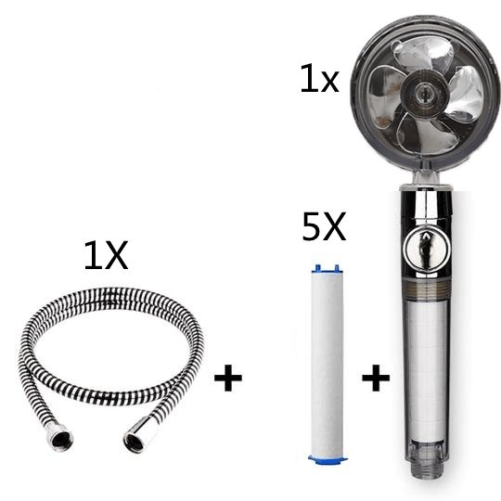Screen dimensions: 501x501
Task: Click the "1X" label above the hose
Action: pos(106,255)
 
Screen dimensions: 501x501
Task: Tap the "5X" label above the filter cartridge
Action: pos(324,228)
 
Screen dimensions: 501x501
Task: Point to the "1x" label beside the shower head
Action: pos(319,81)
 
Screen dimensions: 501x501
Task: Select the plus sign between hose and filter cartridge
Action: pos(227,379)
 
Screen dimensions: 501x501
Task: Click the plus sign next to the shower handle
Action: pos(375,379)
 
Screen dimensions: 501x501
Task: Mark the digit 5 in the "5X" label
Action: pos(313,228)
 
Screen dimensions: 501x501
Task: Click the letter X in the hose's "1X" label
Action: pos(116,255)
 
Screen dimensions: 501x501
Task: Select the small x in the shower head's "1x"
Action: pos(329,83)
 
